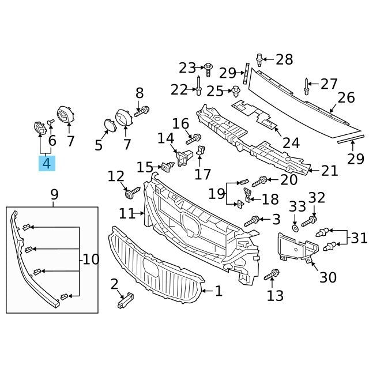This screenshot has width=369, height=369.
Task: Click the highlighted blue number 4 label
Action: (x=46, y=163)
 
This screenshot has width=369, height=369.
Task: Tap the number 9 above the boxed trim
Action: (x=54, y=194)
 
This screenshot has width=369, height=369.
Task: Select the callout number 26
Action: (x=346, y=97)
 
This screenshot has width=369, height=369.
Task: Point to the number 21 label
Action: (x=329, y=171)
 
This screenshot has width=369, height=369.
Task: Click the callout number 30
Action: (x=327, y=277)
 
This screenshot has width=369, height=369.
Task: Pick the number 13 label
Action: (x=276, y=296)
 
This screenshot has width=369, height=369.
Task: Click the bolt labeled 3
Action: (x=253, y=220)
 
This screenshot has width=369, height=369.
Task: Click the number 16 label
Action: (x=180, y=123)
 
